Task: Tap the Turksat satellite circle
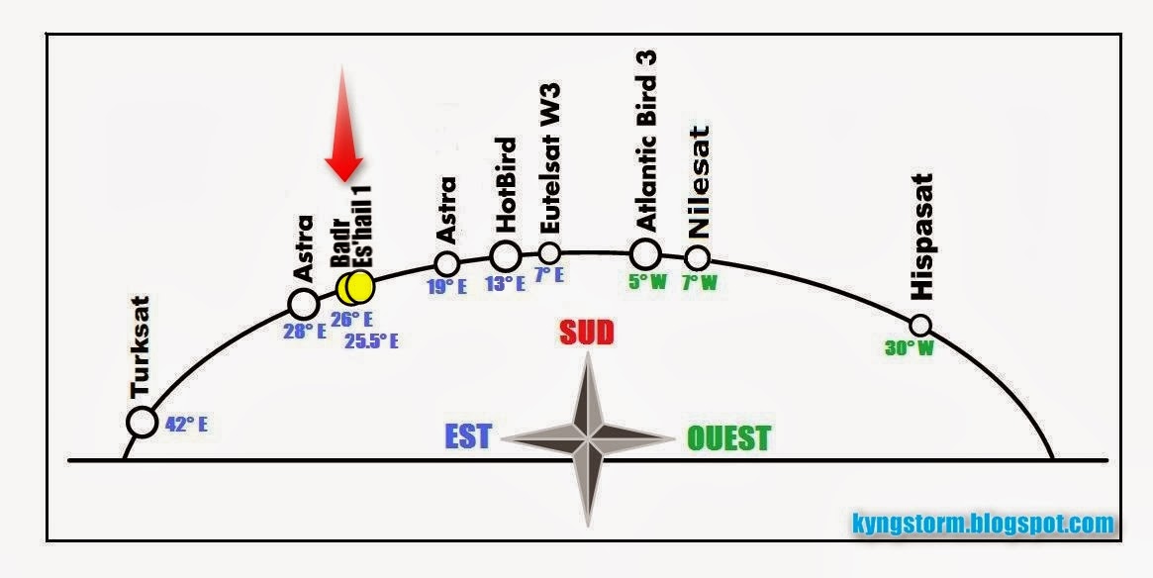143,423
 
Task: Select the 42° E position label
186,426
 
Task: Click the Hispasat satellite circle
920,325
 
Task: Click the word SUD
587,333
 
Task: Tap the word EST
467,437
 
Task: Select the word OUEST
729,438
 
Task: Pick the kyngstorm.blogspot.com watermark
982,524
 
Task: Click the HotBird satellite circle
505,255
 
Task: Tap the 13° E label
505,284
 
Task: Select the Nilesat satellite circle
698,258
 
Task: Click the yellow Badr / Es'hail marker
354,287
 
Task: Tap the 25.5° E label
371,341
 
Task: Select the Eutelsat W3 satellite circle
549,252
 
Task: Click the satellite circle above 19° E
446,264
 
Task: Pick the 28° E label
305,332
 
